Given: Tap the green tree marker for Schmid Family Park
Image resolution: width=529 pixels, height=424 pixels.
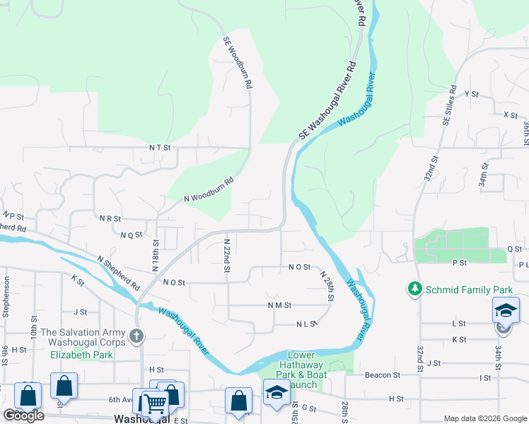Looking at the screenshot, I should pyautogui.click(x=414, y=289).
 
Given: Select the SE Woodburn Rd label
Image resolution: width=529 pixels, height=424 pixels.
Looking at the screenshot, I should pyautogui.click(x=238, y=62).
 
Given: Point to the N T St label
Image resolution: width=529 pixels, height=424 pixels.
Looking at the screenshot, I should pyautogui.click(x=160, y=148).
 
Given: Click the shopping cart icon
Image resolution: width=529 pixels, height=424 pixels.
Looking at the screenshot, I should pyautogui.click(x=155, y=404).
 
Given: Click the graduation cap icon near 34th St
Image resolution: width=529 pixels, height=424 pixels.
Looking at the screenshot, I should pyautogui.click(x=506, y=310).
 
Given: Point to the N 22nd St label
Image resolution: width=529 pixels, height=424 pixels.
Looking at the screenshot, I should pyautogui.click(x=227, y=252).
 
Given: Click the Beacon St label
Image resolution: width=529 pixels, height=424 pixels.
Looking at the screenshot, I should pyautogui.click(x=383, y=375).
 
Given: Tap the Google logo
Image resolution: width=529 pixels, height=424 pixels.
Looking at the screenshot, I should pyautogui.click(x=23, y=416).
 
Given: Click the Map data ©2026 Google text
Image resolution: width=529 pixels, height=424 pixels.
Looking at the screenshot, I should pyautogui.click(x=485, y=418).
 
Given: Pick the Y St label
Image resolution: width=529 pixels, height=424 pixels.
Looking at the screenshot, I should pyautogui.click(x=472, y=93).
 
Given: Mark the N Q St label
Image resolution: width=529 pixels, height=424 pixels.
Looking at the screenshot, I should pyautogui.click(x=132, y=235).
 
